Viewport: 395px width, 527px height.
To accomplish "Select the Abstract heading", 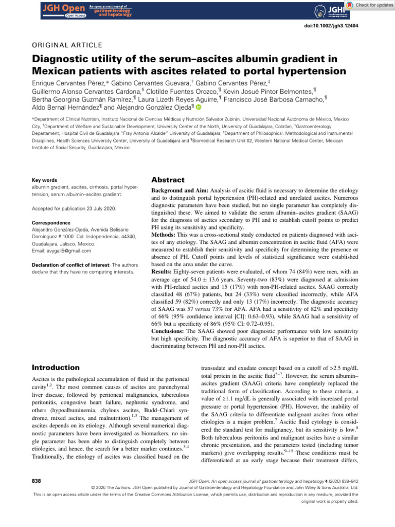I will [x=167, y=180].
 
